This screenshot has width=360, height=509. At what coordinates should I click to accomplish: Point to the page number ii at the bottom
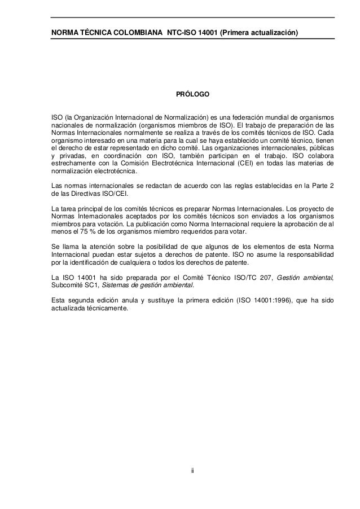click(192, 469)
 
